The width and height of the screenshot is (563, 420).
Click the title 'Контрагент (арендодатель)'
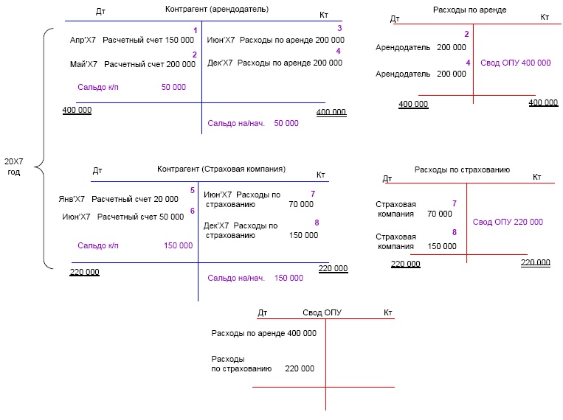tap(216, 10)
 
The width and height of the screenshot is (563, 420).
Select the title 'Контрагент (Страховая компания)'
tap(221, 169)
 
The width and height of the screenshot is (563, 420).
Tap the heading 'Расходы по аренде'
tap(469, 10)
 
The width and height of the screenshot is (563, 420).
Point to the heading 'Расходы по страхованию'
tap(462, 169)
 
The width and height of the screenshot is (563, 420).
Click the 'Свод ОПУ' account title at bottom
tap(322, 312)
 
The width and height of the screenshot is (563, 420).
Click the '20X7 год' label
tap(13, 166)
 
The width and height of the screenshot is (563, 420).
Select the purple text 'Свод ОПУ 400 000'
tap(515, 63)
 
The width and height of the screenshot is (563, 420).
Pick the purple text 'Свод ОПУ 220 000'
tap(507, 222)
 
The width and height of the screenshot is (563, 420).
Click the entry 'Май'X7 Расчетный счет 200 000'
tap(127, 65)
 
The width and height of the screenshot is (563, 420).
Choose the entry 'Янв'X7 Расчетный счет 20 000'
tap(118, 199)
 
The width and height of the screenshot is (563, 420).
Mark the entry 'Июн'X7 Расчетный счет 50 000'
tap(123, 217)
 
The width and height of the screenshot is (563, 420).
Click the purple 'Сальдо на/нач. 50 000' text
tap(253, 124)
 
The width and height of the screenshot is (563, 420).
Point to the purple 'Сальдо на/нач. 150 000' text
tap(255, 278)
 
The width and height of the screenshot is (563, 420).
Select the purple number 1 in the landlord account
tap(195, 30)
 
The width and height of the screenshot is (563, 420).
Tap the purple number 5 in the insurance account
tap(193, 190)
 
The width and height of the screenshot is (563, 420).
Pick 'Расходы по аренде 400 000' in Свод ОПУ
tap(263, 333)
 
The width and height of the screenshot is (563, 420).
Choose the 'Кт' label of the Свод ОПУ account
tap(388, 313)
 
